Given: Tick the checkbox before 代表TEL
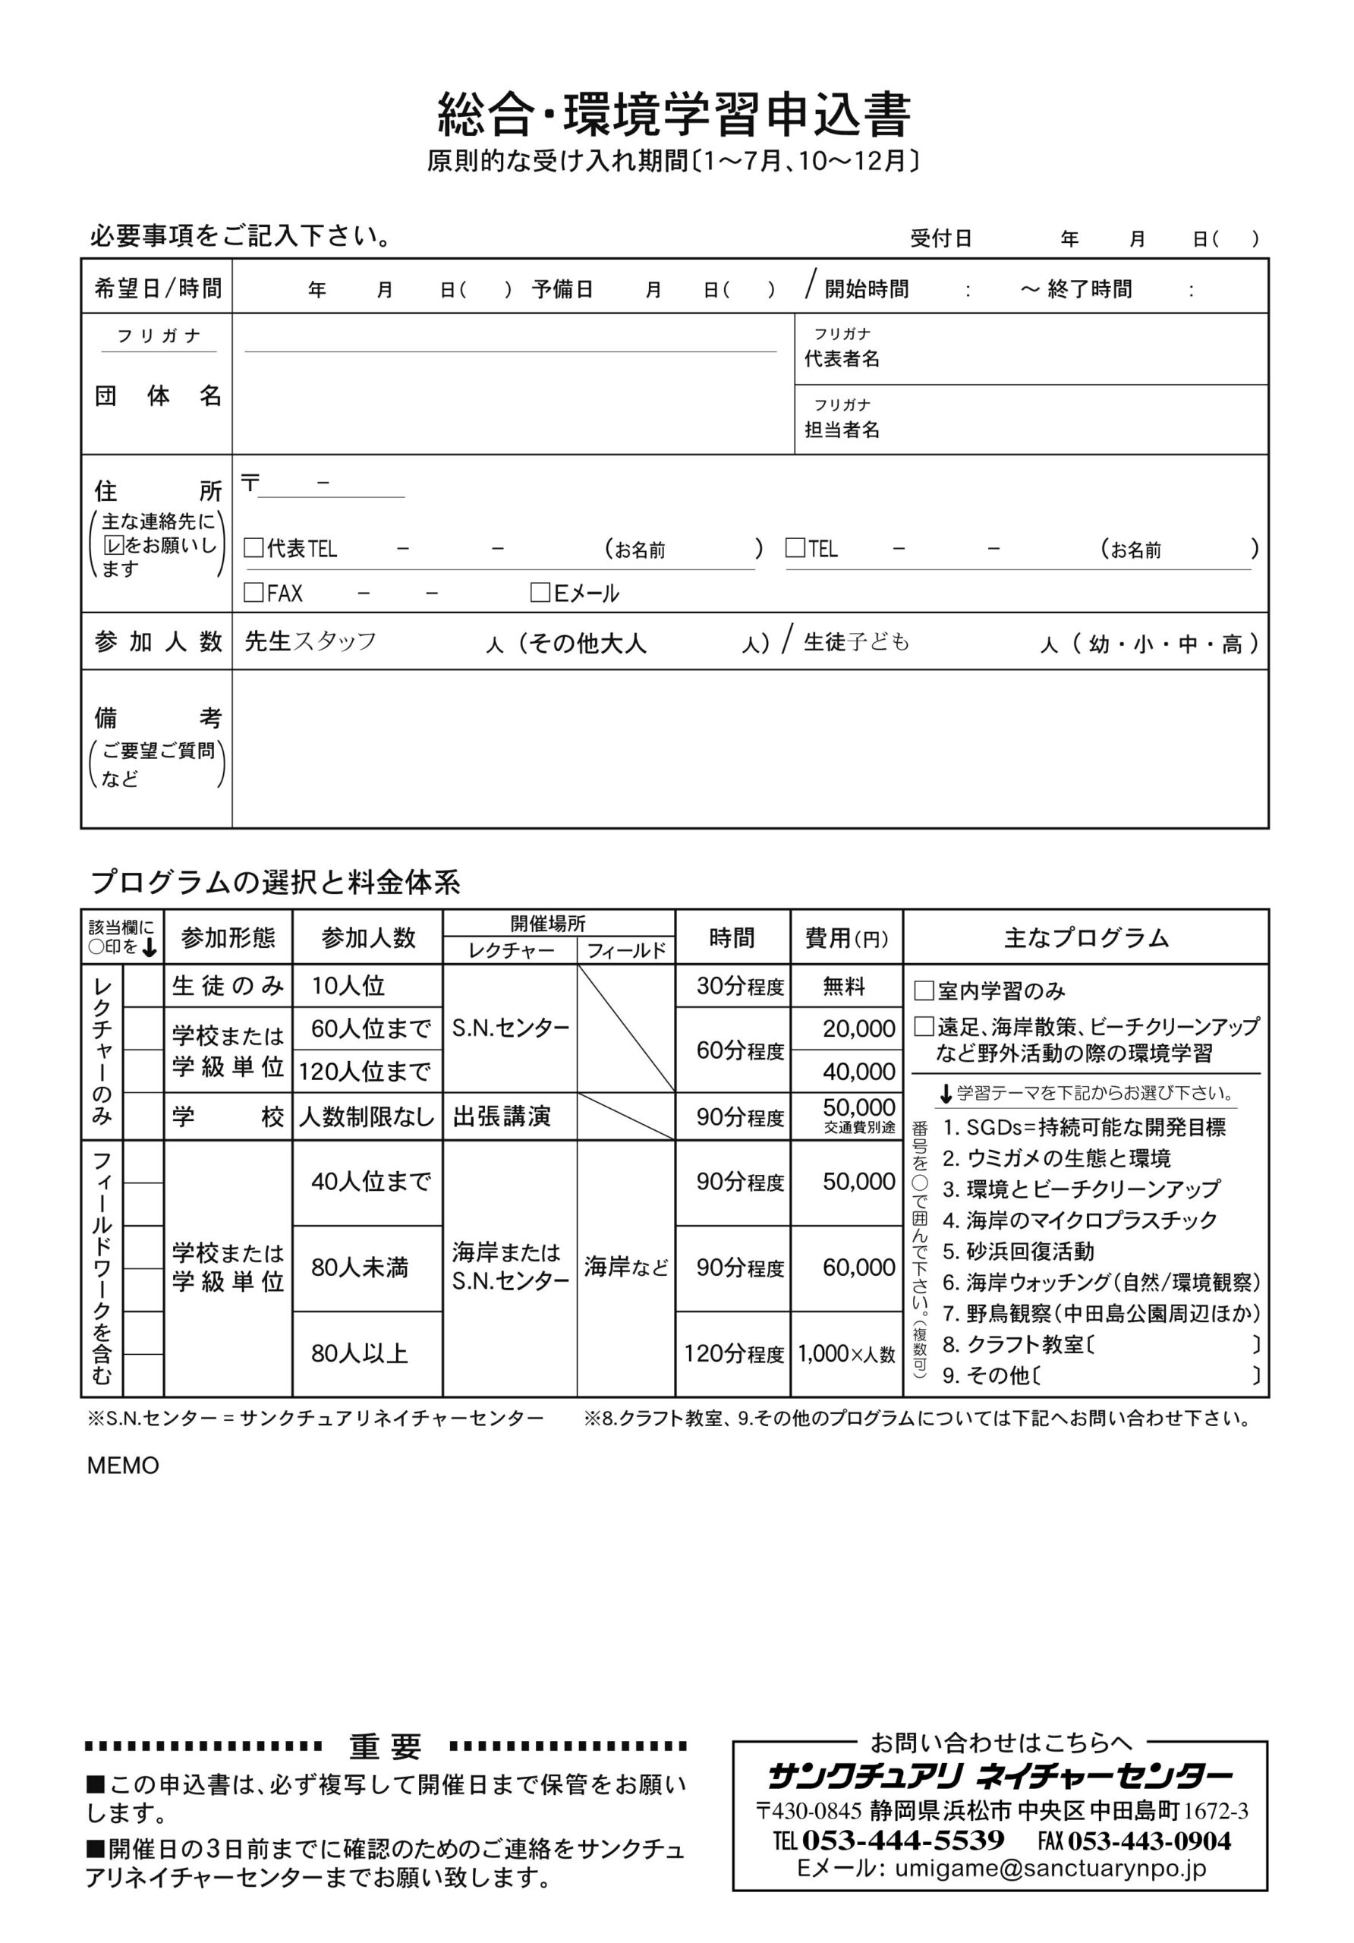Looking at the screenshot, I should (253, 547).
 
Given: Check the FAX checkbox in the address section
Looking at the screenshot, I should (253, 592).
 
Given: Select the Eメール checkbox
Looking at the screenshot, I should (540, 592).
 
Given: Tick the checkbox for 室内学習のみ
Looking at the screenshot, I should (924, 990).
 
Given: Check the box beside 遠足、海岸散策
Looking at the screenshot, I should (924, 1026).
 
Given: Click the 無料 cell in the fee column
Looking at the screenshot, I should (844, 986).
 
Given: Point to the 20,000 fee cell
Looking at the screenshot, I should (858, 1028).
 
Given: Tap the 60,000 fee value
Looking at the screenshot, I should (858, 1267).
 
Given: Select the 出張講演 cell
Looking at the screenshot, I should (502, 1116).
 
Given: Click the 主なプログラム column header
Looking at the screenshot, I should (1086, 937).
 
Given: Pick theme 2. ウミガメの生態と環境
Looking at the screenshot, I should (1057, 1157).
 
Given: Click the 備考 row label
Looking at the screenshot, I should (157, 718).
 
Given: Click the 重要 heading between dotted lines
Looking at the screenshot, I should (385, 1746).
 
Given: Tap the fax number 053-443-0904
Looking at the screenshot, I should (1149, 1841).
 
